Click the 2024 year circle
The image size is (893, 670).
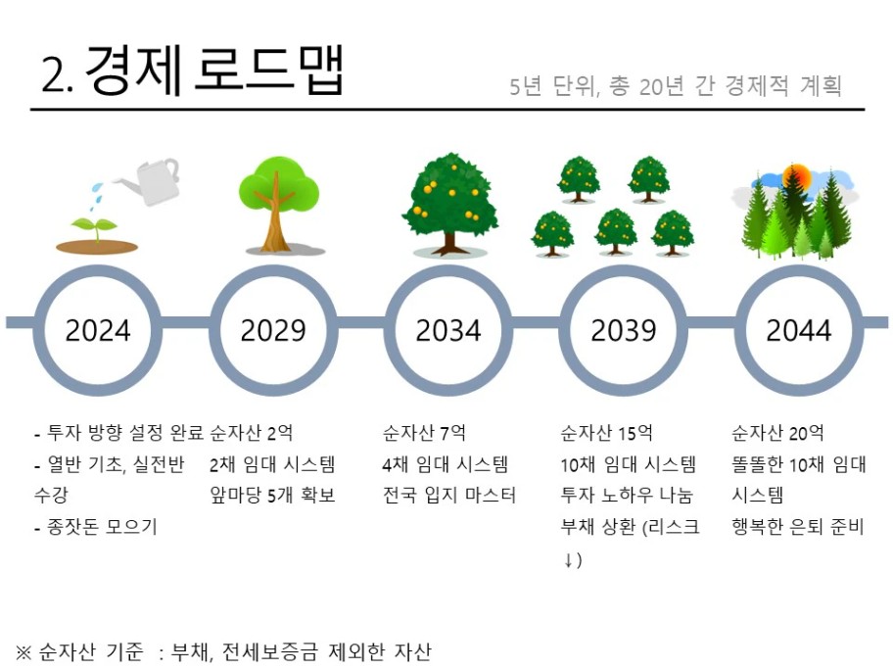click(98, 266)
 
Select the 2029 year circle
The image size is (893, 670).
click(273, 266)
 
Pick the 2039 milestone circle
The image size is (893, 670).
click(624, 266)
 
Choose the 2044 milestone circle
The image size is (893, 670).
click(798, 266)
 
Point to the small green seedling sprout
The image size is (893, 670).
click(95, 226)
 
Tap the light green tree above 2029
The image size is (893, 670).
click(278, 204)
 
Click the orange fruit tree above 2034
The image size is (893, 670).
click(449, 204)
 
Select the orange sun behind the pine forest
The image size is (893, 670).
click(796, 176)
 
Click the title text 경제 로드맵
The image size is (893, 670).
click(214, 70)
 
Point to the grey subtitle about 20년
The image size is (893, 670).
click(676, 85)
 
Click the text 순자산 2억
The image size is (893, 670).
click(251, 433)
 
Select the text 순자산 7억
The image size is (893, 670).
click(424, 433)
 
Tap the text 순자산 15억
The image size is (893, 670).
click(606, 433)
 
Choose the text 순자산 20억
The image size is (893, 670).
click(778, 433)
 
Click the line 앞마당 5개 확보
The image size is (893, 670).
click(272, 495)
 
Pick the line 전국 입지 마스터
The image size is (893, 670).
click(449, 495)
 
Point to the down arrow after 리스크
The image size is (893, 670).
click(568, 560)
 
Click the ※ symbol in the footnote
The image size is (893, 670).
click(23, 651)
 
